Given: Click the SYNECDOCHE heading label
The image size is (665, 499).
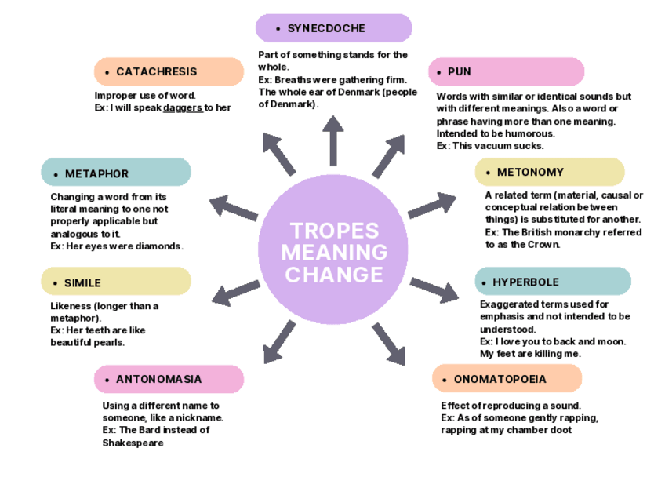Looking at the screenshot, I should [x=326, y=28].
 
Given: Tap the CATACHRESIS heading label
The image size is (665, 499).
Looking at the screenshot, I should [x=157, y=71].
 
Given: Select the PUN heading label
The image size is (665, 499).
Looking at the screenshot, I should [x=460, y=71].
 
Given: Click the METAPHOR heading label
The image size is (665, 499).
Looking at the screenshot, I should [x=97, y=173].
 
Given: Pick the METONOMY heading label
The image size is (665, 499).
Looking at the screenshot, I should [x=530, y=172].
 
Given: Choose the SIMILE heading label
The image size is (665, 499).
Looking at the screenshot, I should [x=83, y=282].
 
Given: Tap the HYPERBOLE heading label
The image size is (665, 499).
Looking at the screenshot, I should [x=525, y=282].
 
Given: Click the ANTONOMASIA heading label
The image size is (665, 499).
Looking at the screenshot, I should [x=159, y=379].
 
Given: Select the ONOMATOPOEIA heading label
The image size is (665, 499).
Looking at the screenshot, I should [x=500, y=379].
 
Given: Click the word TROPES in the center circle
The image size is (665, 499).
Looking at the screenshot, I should [x=334, y=231].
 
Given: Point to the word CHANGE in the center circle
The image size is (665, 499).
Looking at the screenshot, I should [x=334, y=275].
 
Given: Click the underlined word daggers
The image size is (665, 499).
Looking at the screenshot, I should [x=183, y=108].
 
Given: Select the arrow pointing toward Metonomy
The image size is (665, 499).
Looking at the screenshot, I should [x=431, y=205].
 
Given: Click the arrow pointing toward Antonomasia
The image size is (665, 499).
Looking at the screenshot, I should [x=278, y=342].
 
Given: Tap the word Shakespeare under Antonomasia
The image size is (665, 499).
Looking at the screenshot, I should [x=133, y=443].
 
